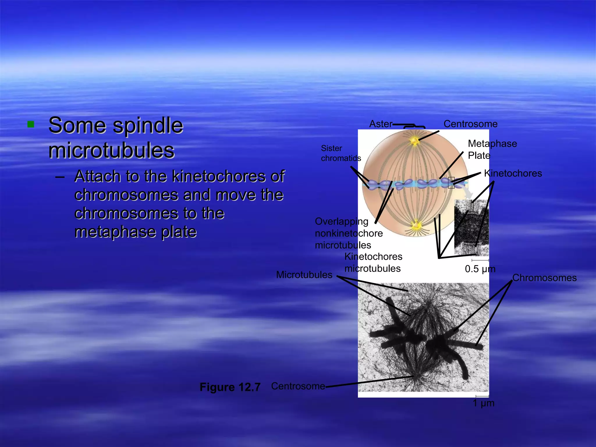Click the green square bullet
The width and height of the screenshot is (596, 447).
point(31,125)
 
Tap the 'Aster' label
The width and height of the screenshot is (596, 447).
point(380,124)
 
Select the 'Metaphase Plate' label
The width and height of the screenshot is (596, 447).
point(492,150)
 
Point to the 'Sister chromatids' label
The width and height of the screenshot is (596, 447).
point(340,153)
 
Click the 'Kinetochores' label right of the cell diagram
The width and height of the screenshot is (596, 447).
point(513,173)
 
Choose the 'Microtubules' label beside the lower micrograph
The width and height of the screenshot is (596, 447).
point(304,275)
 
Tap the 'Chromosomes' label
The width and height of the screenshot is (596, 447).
point(544,278)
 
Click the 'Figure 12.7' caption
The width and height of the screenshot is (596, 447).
point(230,387)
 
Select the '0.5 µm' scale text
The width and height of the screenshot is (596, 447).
point(480,269)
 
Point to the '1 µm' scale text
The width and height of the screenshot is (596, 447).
point(483,403)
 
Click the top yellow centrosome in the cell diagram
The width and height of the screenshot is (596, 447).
point(414,141)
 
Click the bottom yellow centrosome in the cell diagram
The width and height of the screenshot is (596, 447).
point(416,225)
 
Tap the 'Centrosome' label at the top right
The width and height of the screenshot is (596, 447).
point(470,124)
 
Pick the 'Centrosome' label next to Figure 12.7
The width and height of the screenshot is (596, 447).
point(298,386)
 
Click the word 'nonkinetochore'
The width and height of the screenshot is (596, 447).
point(349,233)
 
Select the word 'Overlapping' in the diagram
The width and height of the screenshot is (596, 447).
point(341,221)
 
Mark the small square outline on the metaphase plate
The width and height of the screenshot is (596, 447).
point(451,182)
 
